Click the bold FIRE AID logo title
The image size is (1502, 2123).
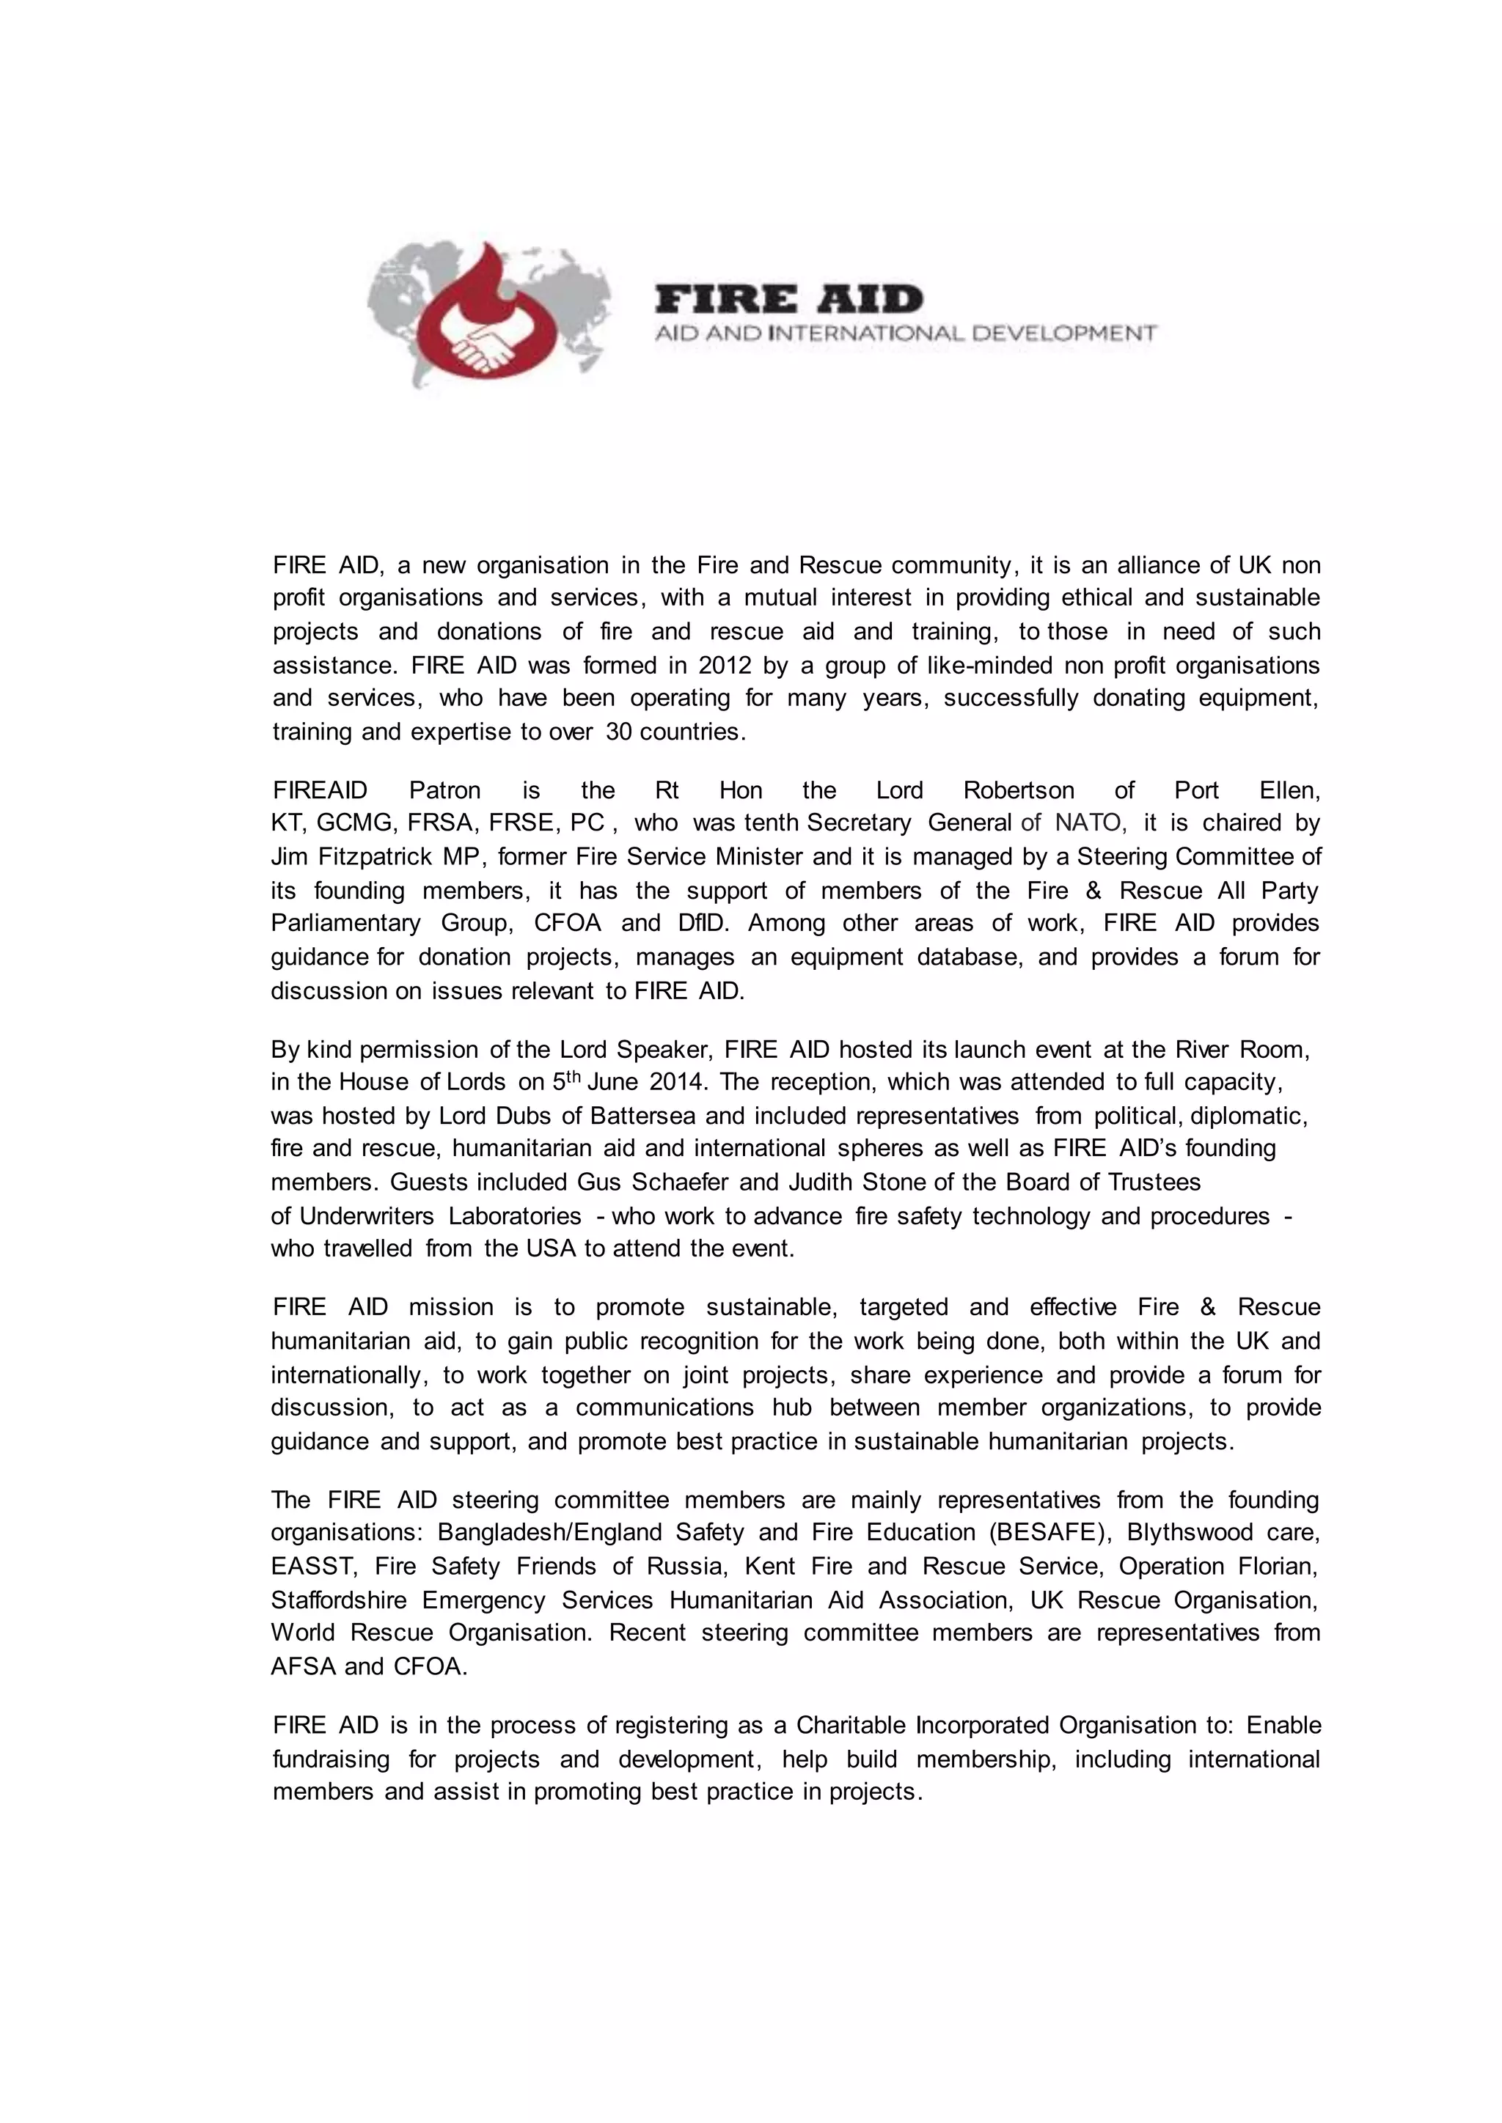(789, 300)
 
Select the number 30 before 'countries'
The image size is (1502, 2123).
(619, 732)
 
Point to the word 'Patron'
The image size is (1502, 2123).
(445, 790)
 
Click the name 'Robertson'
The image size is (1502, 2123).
(1018, 790)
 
